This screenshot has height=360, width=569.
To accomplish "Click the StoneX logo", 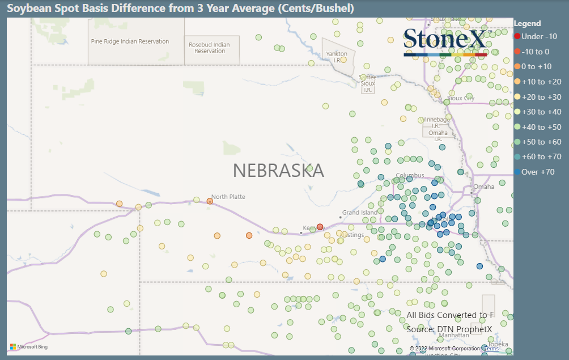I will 445,41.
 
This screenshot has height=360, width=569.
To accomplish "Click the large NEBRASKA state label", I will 278,170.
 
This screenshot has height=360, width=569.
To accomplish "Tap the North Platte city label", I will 228,197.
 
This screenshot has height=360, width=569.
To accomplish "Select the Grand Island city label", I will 359,213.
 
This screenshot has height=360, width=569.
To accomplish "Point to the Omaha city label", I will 483,187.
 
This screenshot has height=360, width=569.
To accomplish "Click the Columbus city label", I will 410,175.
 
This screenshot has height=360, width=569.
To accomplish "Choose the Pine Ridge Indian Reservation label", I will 130,41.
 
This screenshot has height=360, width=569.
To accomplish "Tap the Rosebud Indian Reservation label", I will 209,48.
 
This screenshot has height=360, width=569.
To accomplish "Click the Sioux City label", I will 461,98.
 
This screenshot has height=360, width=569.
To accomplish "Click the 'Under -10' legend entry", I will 535,36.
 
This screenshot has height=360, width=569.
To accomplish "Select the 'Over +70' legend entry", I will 537,172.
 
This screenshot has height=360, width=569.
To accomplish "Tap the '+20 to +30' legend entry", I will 541,97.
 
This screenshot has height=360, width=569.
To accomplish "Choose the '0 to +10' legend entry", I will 536,66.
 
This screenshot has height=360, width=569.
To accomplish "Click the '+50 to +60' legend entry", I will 541,142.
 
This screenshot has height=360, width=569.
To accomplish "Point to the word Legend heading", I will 527,24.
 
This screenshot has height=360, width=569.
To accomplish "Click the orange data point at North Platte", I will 210,201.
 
